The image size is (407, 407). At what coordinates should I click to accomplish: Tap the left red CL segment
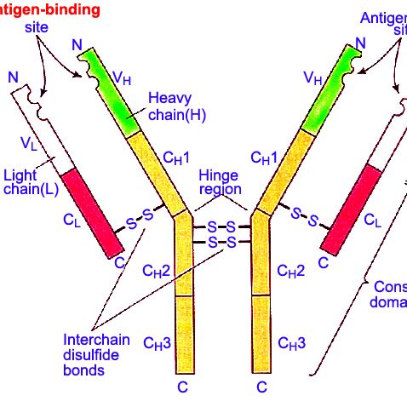(89, 210)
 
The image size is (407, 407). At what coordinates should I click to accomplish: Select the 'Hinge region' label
(220, 181)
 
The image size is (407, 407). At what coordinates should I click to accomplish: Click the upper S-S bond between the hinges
(221, 227)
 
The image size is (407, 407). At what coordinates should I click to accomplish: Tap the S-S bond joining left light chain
(140, 220)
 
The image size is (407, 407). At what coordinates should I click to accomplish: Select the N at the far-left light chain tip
(12, 77)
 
